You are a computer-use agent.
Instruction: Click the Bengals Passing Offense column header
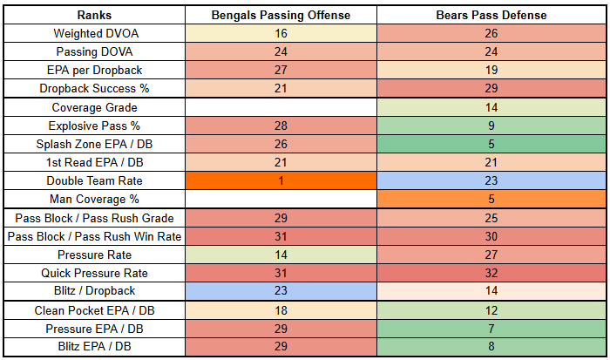[281, 15]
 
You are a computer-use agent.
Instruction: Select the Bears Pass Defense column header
[492, 15]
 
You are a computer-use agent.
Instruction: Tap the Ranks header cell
[93, 15]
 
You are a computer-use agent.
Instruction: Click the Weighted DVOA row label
[93, 33]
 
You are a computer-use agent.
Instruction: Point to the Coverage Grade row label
[93, 107]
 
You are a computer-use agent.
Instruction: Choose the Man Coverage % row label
[93, 199]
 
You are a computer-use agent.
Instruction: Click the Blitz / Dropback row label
[93, 291]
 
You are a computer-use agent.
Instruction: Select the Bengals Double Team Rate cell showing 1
[281, 180]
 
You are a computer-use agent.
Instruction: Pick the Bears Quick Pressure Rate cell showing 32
[492, 273]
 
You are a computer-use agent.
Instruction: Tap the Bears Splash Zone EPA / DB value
[492, 144]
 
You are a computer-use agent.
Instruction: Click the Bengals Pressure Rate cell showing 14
[281, 255]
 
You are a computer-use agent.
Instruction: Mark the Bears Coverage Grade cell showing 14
[492, 107]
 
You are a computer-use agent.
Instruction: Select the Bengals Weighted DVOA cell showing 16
[281, 33]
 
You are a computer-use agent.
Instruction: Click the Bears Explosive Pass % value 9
[492, 126]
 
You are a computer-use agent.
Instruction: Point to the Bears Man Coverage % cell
[492, 199]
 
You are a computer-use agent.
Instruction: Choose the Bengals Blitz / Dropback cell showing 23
[281, 291]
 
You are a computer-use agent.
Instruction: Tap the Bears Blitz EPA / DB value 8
[492, 347]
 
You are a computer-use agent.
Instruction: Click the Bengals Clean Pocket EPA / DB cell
[281, 310]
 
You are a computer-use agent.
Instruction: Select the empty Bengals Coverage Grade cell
[281, 107]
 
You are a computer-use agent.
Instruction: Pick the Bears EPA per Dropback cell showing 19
[492, 70]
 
